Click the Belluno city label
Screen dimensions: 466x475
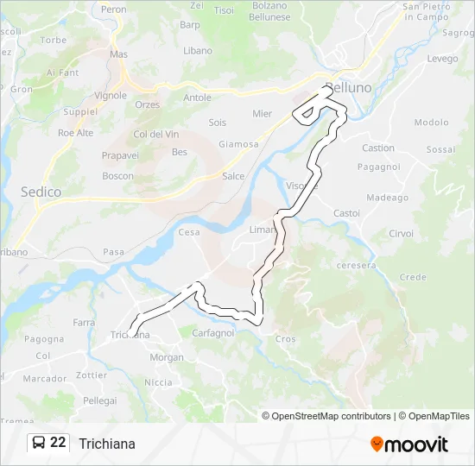[348, 88]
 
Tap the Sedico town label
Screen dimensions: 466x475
[41, 192]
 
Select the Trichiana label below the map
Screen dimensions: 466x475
[106, 444]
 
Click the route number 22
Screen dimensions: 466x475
[58, 443]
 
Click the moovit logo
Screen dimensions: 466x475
[409, 444]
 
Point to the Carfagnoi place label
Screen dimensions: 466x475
[212, 333]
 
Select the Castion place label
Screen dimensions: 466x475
[377, 148]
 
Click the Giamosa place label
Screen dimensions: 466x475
[238, 144]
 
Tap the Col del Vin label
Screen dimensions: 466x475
[156, 134]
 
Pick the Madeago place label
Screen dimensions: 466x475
[387, 198]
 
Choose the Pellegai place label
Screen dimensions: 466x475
[99, 400]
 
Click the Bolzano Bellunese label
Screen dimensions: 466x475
[269, 11]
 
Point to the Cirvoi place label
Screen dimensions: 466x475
[401, 234]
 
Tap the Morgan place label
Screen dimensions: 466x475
[167, 357]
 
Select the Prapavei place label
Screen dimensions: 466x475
[120, 156]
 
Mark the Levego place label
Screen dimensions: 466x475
[442, 59]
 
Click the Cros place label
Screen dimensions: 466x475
[285, 339]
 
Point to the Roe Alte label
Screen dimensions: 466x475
[75, 133]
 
